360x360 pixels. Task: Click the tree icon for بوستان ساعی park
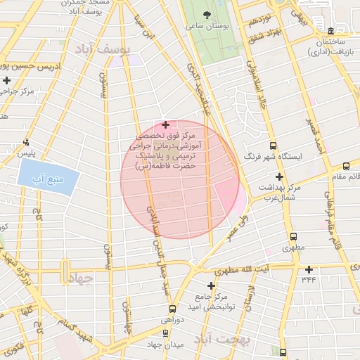coord(206,14)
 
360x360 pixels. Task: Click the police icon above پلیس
coord(27,141)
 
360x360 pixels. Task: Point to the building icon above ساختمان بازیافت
coord(330,30)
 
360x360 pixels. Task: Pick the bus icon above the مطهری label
coord(292,236)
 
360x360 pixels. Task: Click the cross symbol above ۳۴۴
coord(309,269)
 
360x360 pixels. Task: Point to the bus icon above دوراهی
coord(173,308)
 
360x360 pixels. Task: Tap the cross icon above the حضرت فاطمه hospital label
coord(165,124)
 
